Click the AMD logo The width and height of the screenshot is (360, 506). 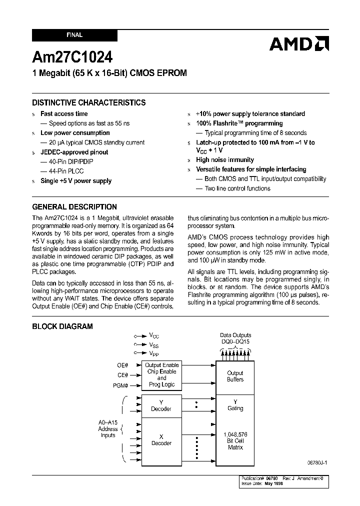pos(299,44)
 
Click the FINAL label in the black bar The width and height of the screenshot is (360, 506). pos(74,35)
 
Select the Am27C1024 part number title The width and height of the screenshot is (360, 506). pos(72,56)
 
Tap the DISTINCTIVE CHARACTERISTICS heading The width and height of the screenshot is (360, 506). pos(89,102)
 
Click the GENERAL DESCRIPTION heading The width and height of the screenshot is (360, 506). pos(74,206)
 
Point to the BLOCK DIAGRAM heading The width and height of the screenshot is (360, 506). pos(62,326)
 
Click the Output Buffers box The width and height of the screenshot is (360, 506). pos(235,376)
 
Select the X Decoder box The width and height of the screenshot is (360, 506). pos(161,440)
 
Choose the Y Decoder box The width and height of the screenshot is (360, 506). pos(161,405)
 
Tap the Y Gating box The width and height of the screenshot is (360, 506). pos(235,405)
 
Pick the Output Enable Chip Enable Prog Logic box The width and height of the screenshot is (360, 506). pos(161,375)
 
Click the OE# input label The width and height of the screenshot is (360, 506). pos(122,365)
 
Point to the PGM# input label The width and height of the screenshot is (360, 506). pos(120,385)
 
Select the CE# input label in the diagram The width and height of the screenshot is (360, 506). pos(122,375)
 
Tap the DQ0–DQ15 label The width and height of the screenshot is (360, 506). pos(235,341)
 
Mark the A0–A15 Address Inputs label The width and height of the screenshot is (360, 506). pos(107,429)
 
